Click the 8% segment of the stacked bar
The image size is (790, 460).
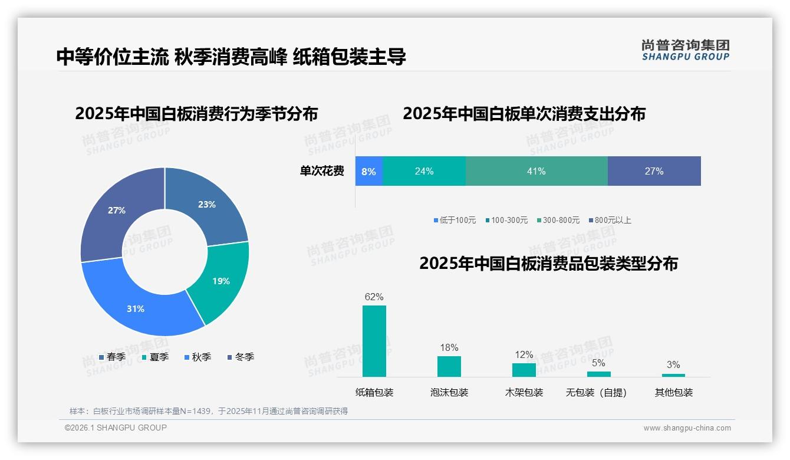(x=368, y=171)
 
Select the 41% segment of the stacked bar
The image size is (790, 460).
(x=536, y=171)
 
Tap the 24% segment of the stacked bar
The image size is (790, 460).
(x=424, y=171)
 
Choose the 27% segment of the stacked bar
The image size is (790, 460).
(x=654, y=171)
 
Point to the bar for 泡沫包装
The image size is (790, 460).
(x=449, y=366)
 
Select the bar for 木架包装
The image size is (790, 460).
(x=524, y=370)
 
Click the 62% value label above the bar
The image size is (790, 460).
(x=374, y=297)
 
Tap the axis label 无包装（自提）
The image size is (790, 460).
(x=596, y=392)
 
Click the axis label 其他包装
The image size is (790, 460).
(x=673, y=392)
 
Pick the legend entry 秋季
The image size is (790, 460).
(x=197, y=357)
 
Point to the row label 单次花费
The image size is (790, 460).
(x=322, y=171)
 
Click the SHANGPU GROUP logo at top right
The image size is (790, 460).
(x=685, y=50)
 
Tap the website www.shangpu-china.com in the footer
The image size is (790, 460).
(x=687, y=428)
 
